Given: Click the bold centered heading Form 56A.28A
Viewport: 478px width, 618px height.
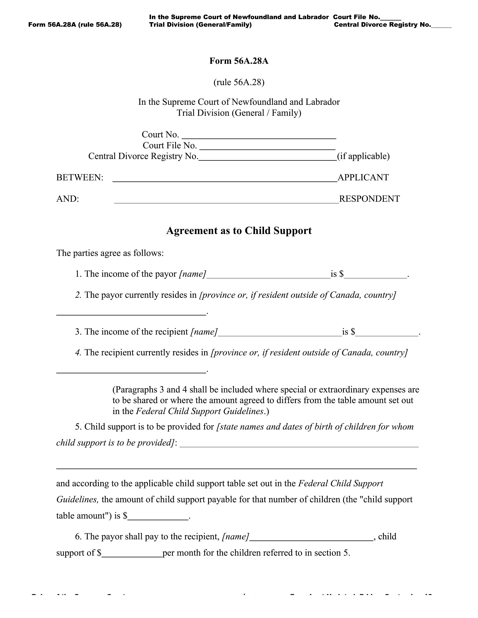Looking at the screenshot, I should pos(239,61).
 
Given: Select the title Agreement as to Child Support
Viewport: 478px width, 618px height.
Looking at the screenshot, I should pos(239,231).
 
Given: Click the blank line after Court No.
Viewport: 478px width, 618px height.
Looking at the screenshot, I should pos(259,135).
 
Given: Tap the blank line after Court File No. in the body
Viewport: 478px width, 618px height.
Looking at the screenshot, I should pos(267,146).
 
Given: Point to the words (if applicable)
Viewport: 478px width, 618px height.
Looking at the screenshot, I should pos(363,156).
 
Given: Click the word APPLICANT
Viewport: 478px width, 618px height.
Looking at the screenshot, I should pos(363,178).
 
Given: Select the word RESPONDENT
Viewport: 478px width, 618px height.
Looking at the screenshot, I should pos(369,199).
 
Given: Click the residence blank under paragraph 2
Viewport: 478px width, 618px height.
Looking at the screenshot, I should pos(131,311).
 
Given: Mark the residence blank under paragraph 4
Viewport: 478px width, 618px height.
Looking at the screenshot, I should pos(131,369).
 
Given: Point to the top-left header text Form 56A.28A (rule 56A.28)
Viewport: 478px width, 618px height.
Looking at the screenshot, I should pos(75,25).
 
